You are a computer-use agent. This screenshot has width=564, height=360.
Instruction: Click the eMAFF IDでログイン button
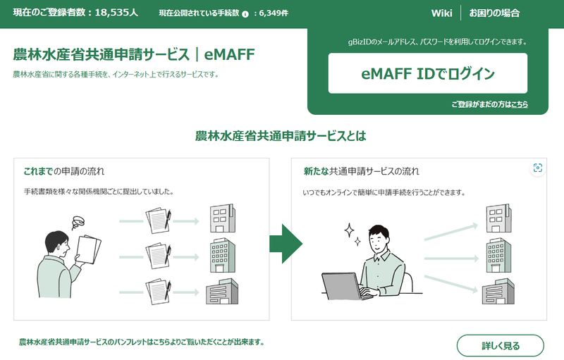point(427,73)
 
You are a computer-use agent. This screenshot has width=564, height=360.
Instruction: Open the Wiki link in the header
point(441,13)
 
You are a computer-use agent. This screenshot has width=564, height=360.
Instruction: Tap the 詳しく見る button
point(501,346)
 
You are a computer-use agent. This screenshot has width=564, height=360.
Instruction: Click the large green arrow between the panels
point(286,244)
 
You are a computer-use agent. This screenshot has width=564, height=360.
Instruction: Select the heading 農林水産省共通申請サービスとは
point(281,135)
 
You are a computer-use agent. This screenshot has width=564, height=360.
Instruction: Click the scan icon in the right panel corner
point(538,168)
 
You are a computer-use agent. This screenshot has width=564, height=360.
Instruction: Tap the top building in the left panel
point(221,218)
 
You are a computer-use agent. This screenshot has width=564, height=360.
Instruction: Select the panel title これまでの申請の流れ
point(69,171)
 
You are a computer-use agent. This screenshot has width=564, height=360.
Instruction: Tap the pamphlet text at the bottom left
point(141,342)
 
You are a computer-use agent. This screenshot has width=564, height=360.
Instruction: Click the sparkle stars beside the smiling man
point(351,234)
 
